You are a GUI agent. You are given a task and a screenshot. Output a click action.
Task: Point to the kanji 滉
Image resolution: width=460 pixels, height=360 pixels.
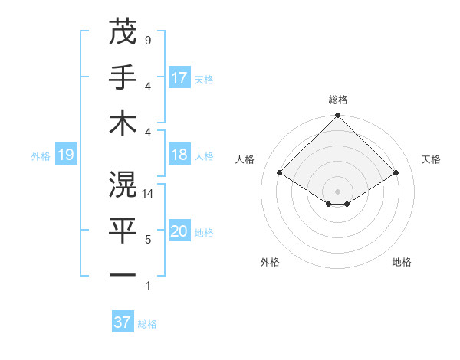click(x=123, y=184)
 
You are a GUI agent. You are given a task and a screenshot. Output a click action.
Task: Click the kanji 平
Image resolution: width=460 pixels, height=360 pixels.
click(x=123, y=229)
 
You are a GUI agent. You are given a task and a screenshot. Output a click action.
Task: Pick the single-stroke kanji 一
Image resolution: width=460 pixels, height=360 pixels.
click(x=123, y=274)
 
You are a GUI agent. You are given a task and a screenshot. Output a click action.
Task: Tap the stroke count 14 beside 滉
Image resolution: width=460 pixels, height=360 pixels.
click(x=149, y=195)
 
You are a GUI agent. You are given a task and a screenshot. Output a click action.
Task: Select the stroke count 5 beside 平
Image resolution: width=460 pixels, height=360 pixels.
click(x=147, y=240)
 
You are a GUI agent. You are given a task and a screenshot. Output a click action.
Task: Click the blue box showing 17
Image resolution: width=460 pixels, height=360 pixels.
click(x=179, y=78)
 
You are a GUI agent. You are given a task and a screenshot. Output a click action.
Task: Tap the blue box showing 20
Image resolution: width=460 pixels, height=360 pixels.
click(x=179, y=232)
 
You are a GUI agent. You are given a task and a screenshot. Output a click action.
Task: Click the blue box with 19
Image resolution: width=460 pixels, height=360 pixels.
click(x=65, y=155)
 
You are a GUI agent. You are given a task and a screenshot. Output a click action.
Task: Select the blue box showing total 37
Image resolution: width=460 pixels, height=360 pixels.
click(x=123, y=322)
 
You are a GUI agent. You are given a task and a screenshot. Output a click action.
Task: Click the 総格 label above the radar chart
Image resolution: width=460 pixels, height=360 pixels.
click(x=337, y=100)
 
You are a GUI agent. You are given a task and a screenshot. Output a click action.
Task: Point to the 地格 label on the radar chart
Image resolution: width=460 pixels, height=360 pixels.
click(x=402, y=263)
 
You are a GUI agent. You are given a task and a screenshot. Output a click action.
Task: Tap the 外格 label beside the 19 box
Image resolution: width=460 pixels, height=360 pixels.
click(x=41, y=156)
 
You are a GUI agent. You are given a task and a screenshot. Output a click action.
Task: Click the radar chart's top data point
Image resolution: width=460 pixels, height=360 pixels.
click(x=337, y=117)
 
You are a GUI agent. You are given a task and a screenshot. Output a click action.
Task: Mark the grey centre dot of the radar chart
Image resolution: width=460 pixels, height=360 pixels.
click(x=337, y=191)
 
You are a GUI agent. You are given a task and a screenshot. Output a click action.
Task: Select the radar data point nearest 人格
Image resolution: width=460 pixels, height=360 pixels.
click(x=280, y=173)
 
